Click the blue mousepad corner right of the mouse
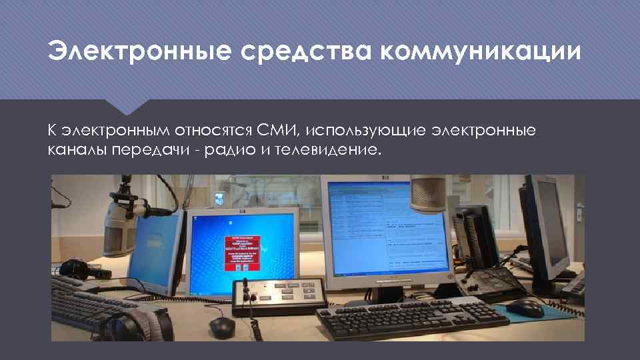tap(560, 313)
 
